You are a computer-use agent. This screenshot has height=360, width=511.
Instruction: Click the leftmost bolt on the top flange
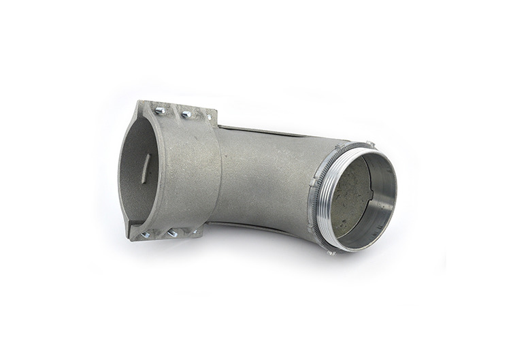tap(160, 110)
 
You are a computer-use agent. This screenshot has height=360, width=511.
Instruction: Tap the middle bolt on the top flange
tap(186, 114)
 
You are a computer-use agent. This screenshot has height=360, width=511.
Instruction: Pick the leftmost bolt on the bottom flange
tap(146, 235)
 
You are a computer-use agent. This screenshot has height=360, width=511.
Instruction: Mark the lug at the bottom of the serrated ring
tap(331, 252)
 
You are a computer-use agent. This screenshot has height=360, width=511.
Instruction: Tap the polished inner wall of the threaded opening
tap(385, 204)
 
